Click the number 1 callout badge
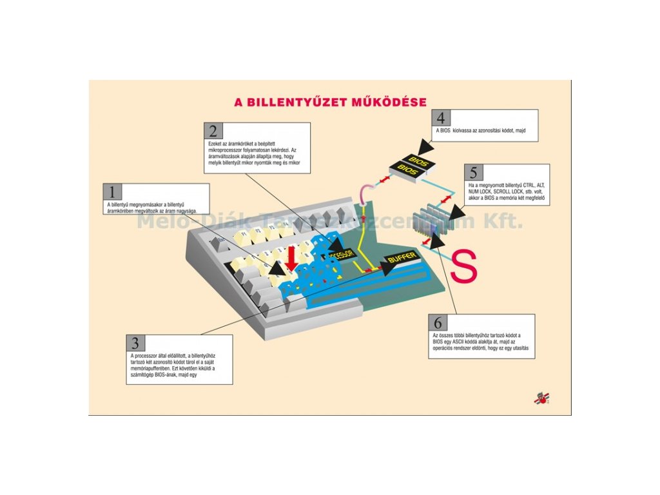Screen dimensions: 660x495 pos(112,191)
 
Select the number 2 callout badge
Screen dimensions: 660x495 pos(212,131)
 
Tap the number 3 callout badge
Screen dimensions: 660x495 pos(135,342)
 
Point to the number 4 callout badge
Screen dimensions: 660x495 pos(441,118)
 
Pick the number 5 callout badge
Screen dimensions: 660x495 pos(473,173)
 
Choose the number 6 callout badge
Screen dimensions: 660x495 pos(438,322)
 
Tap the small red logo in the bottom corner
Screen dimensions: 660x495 pos(541,398)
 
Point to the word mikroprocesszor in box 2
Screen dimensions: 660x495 pos(224,149)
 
